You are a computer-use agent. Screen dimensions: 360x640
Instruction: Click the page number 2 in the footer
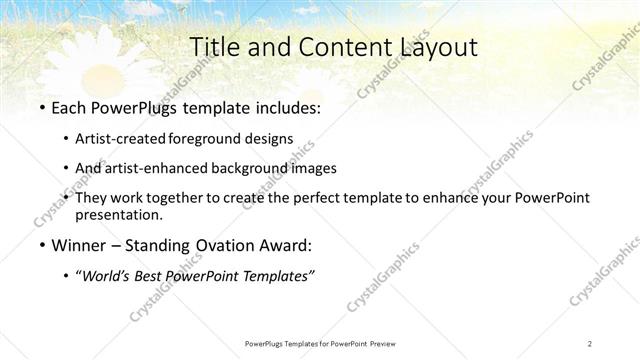(590, 343)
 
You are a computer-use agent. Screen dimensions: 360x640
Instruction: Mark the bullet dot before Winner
(41, 246)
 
